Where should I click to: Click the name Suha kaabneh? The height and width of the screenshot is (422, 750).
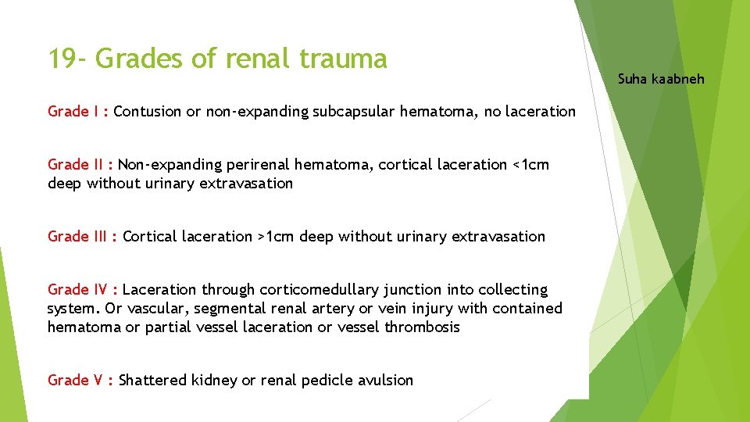[x=661, y=78]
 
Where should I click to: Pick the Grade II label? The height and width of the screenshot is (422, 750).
[x=76, y=164]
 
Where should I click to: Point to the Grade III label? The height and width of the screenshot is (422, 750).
[x=78, y=236]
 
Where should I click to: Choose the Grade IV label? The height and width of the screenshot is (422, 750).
[x=78, y=289]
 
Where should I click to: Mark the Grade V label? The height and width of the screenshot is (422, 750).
[x=76, y=380]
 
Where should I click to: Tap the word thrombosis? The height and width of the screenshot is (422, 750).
[x=422, y=327]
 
